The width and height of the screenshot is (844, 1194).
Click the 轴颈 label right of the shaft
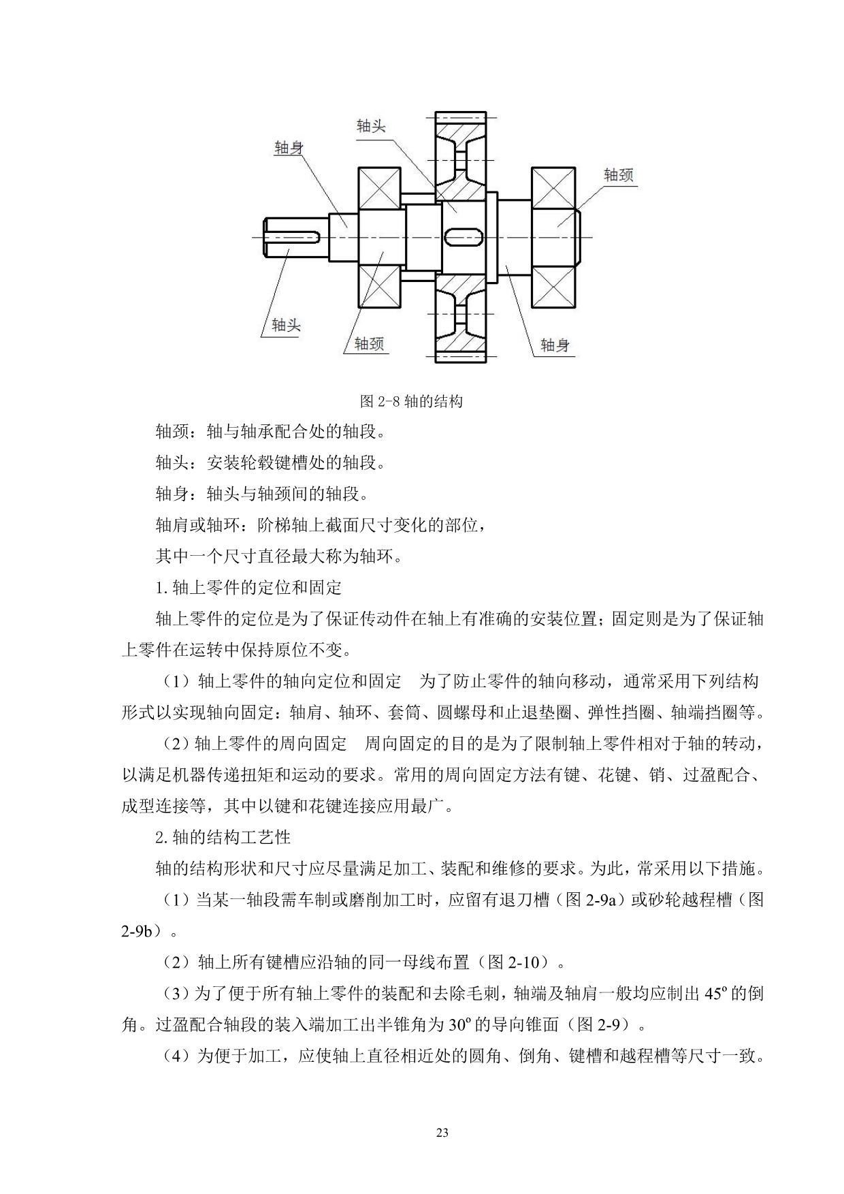coord(618,175)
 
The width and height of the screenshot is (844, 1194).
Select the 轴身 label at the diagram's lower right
coord(555,345)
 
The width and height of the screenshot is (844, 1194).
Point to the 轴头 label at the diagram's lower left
coord(286,325)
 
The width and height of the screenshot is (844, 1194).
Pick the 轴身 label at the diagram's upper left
coord(289,147)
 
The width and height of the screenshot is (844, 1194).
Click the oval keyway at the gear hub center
coord(464,236)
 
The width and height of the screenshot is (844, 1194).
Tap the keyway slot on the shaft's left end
coord(295,236)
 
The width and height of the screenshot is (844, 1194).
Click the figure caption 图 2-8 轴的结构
coord(411,401)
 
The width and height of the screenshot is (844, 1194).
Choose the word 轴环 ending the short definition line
coord(378,556)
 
